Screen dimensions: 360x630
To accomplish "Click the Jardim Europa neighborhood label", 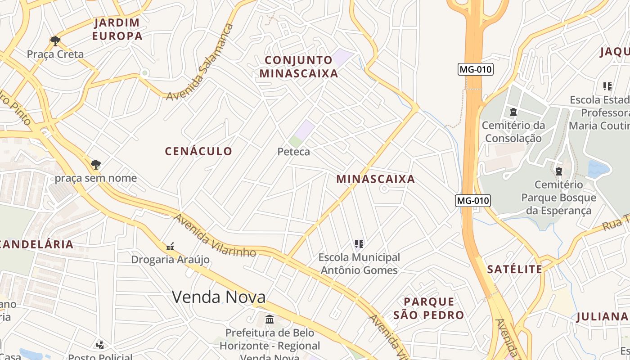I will coord(117,29).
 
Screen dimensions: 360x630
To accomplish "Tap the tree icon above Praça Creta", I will coord(55,41).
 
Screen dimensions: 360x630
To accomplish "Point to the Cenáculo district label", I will coord(198,151).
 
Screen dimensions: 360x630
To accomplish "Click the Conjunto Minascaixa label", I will coord(299,67).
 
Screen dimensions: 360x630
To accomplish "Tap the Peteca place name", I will coord(293,152).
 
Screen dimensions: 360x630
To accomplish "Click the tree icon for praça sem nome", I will coord(95,165).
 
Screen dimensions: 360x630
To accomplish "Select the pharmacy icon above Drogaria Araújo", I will coord(170,246).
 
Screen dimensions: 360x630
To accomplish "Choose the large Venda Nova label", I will coord(219,297).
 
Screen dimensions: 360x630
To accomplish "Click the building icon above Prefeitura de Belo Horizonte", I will coord(270,319).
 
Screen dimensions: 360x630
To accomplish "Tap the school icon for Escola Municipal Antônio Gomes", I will coord(359,244).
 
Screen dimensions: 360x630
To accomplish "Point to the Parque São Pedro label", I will coord(428,308).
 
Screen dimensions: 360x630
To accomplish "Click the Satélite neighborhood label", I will coord(515,270).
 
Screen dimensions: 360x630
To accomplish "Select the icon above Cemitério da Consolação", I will coord(513,112).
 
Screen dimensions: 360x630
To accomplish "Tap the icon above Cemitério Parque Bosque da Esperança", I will coord(558,171).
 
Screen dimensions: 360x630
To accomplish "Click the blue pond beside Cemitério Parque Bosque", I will coord(598,169).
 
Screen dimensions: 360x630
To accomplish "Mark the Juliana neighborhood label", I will coord(602,317).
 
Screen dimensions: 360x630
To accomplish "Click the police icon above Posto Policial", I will coord(100,345).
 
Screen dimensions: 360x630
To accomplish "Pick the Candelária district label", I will coord(37,244).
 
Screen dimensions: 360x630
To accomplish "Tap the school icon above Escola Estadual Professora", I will coord(607,86).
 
